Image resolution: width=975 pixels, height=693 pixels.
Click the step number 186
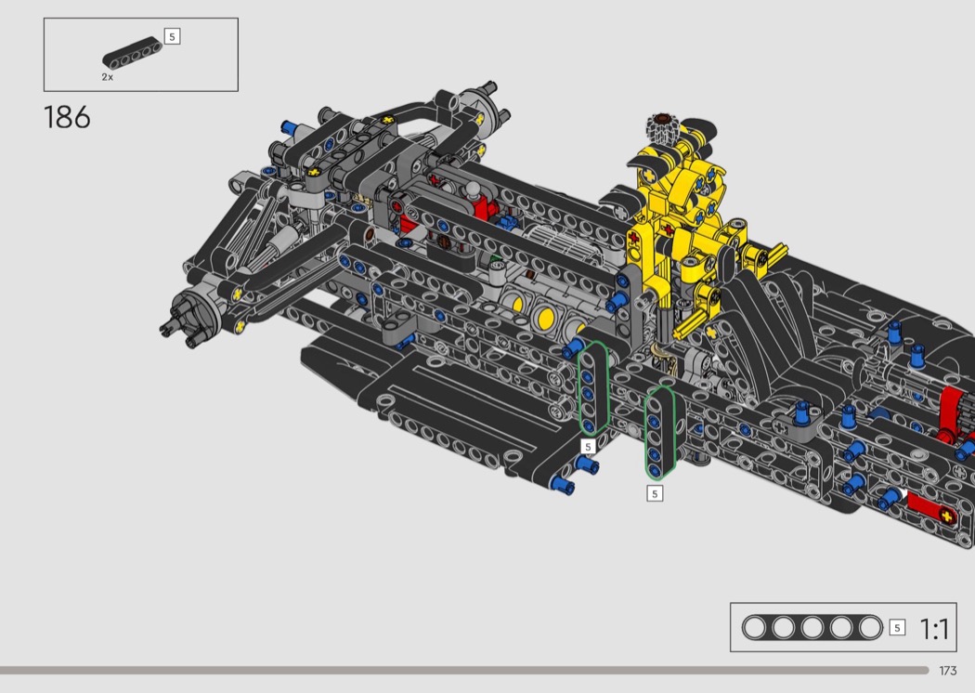67,118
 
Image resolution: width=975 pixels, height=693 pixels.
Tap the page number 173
948,671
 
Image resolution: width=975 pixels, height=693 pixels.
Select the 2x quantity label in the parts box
108,77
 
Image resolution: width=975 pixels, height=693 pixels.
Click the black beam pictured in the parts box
132,53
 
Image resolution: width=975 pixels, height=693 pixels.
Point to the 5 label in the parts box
172,36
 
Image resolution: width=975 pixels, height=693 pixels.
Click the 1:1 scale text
934,629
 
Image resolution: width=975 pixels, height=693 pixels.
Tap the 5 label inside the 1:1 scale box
897,628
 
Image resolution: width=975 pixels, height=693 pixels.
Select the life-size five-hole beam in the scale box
812,628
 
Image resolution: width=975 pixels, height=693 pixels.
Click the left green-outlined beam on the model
594,388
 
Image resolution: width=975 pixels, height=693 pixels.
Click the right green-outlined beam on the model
659,433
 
